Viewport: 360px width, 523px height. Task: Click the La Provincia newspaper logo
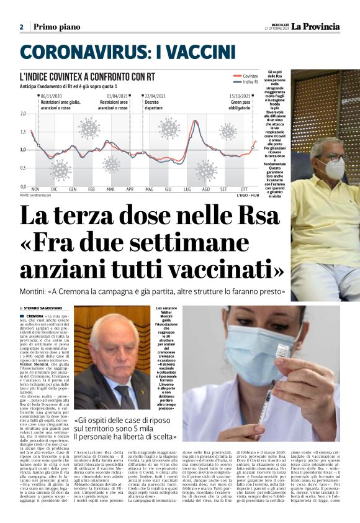click(317, 26)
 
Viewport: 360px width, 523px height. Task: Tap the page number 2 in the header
click(21, 27)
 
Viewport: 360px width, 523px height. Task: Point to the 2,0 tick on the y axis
click(23, 114)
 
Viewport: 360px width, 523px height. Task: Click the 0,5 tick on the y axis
click(23, 168)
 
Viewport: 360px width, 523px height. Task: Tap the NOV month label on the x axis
click(35, 189)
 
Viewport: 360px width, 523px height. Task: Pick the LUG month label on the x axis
click(187, 189)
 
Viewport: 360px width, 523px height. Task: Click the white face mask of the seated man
click(333, 168)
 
